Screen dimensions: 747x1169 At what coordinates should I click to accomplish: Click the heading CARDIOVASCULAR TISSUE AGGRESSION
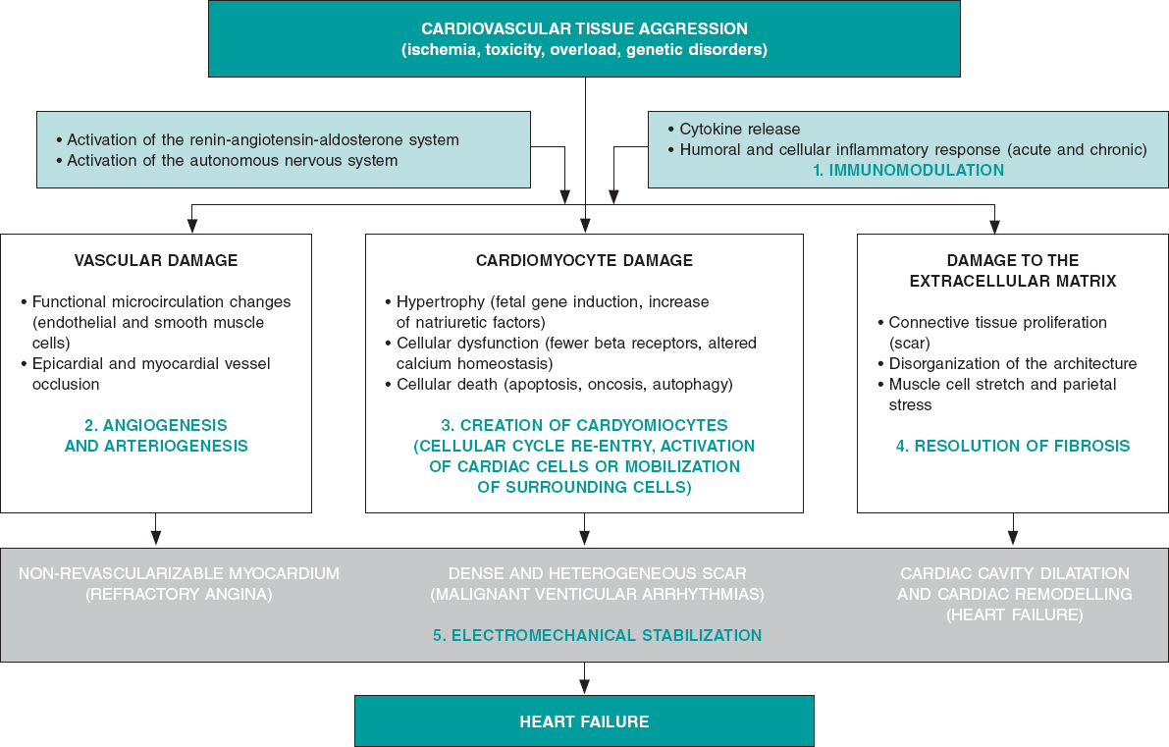point(584,28)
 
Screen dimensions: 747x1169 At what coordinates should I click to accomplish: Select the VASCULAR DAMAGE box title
point(156,260)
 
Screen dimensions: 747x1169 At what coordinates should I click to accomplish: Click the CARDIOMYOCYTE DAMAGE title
point(584,260)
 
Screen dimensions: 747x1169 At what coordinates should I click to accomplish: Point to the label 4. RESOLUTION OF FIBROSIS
point(1013,446)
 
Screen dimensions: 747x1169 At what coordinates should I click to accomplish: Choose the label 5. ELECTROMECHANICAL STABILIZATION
point(597,635)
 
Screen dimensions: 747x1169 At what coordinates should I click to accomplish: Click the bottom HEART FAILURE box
point(584,721)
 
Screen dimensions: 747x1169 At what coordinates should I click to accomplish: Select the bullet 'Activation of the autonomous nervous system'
point(232,160)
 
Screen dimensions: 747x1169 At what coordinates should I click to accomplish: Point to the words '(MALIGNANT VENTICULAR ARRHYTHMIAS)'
point(597,594)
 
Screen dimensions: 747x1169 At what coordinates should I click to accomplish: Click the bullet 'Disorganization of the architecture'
point(1012,363)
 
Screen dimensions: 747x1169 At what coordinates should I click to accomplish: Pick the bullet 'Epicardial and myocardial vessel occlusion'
point(150,373)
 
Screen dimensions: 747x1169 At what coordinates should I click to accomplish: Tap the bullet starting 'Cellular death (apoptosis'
point(564,384)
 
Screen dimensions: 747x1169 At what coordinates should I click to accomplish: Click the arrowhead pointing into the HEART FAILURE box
point(584,687)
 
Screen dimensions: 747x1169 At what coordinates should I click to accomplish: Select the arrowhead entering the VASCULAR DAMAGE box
point(192,226)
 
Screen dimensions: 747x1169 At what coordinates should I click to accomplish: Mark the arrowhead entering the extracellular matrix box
point(995,226)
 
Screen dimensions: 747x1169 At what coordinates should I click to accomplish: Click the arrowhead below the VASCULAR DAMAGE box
point(156,538)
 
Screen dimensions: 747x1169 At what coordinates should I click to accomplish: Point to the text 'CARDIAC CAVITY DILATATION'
point(1014,573)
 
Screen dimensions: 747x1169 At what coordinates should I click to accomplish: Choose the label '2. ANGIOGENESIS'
point(156,425)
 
